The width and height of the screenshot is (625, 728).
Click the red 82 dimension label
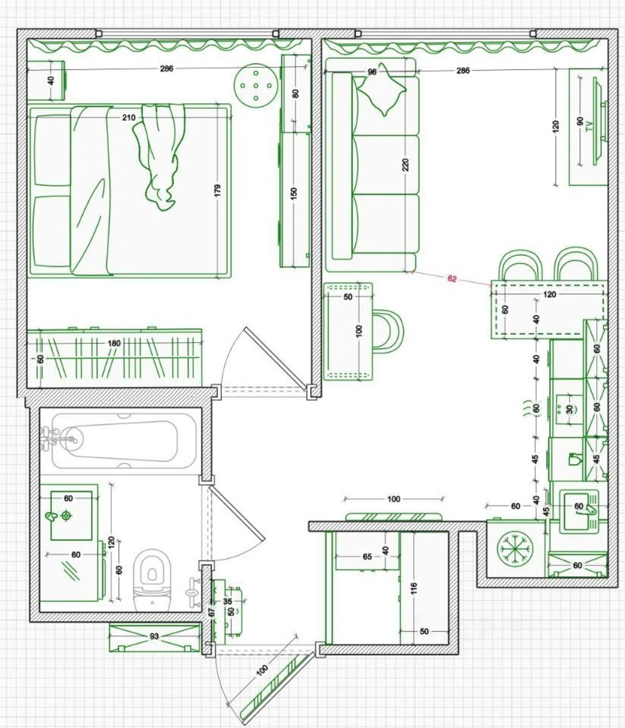tap(452, 278)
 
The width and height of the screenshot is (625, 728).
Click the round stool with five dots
tap(256, 86)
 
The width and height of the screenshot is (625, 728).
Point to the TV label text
tap(589, 126)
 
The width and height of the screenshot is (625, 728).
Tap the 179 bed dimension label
tap(217, 191)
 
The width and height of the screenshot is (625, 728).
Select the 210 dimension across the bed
tap(129, 117)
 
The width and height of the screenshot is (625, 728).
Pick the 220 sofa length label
tap(406, 165)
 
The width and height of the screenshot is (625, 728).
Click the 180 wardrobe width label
tap(114, 343)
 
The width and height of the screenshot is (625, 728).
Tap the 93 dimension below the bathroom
tap(154, 636)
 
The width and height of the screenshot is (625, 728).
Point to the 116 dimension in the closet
tap(413, 588)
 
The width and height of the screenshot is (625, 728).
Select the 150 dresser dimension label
tap(294, 194)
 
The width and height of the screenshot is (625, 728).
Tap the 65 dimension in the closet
tap(367, 556)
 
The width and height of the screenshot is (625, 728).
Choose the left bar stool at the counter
tap(520, 265)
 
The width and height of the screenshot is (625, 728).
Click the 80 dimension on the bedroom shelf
tap(295, 93)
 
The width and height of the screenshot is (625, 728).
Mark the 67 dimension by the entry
tap(211, 612)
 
